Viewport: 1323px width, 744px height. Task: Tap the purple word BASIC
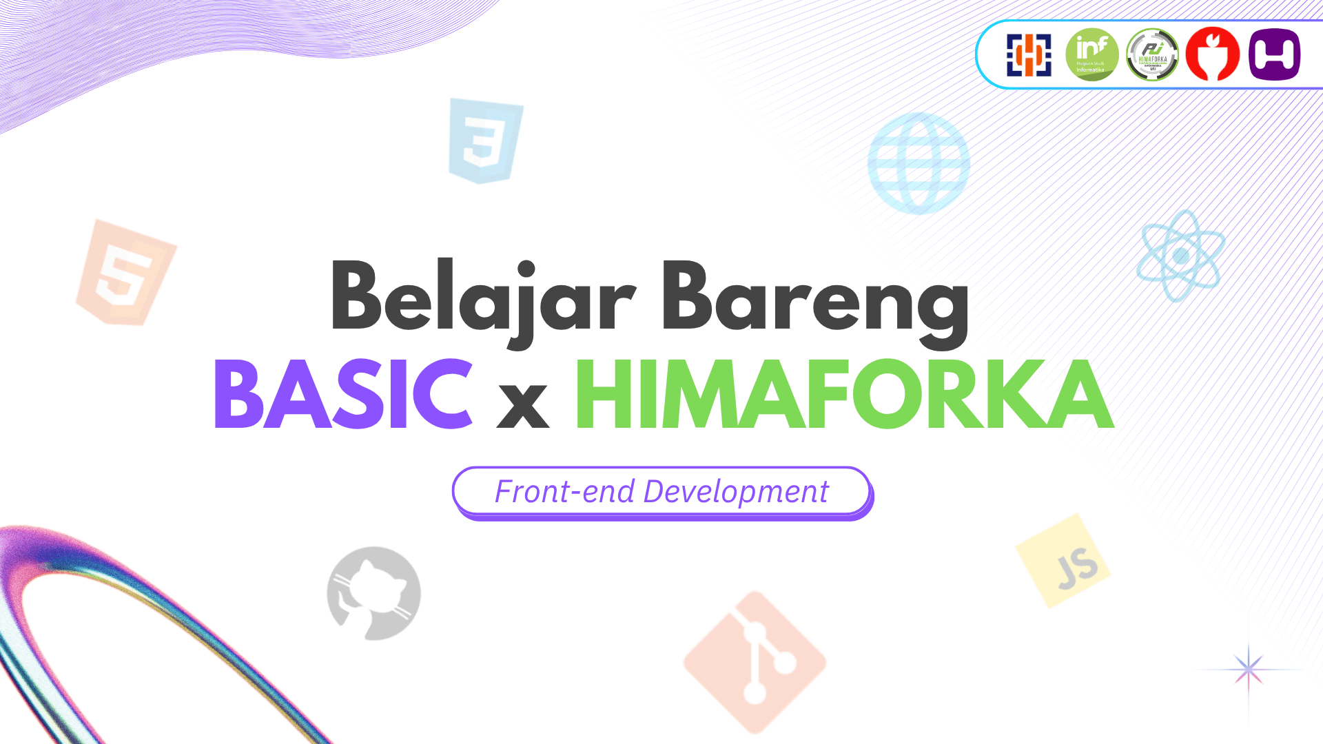343,394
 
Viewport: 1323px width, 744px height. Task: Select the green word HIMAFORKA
843,394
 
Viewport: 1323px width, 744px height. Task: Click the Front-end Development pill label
661,492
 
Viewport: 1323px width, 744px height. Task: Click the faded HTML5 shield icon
125,273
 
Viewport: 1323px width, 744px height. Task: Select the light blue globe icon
919,164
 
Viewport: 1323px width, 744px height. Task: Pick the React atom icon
1180,256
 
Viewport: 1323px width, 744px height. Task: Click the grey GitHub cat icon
373,593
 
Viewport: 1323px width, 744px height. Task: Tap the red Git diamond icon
755,662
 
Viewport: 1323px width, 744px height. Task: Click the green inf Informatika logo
1092,54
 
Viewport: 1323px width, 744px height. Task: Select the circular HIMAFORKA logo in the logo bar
1152,54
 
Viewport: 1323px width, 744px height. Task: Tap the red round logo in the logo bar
1213,54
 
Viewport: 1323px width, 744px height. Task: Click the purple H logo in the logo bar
1274,54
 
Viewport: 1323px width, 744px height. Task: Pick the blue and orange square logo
1029,54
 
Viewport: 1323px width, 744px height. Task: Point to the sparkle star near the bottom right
1249,669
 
